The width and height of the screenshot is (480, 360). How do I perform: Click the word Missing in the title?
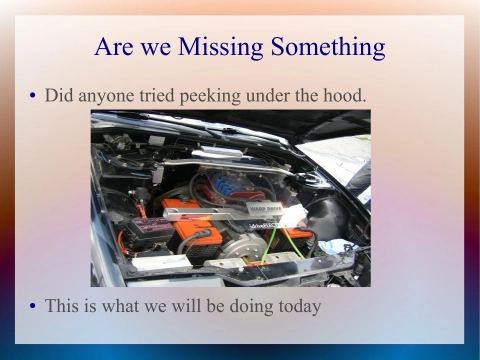226,47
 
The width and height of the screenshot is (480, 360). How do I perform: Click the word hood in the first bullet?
345,95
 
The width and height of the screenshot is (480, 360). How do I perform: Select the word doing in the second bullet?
243,306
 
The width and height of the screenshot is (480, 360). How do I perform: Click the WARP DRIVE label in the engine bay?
263,207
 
